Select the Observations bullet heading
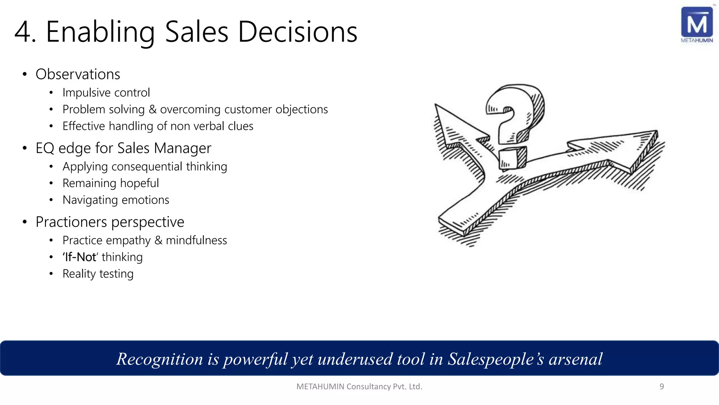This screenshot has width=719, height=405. (78, 74)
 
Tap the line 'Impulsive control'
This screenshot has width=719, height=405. (106, 92)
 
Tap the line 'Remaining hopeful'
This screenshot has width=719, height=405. (111, 183)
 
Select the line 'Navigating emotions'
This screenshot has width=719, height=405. (116, 200)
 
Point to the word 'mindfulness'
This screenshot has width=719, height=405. (196, 240)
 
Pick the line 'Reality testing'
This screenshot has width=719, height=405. (98, 274)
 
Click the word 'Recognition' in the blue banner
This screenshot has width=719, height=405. (160, 359)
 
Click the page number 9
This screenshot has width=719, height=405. (662, 386)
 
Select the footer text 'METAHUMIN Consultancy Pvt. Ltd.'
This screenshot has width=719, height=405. (359, 386)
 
